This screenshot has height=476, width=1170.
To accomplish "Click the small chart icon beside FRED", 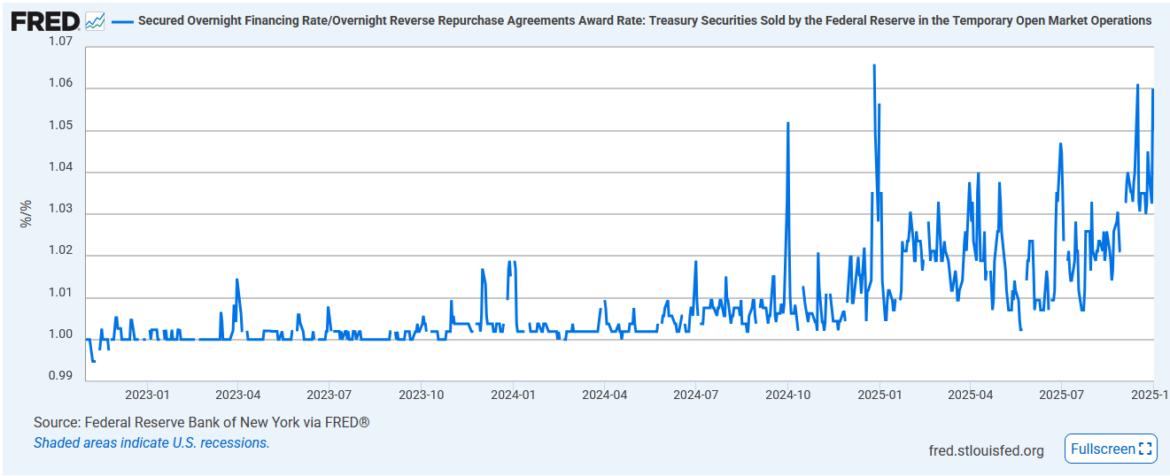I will point(95,20).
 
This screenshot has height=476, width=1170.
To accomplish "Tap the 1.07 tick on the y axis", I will point(61,42).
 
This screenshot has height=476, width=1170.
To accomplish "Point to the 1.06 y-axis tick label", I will point(61,83).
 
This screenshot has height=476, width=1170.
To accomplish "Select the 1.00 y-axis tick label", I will point(61,334).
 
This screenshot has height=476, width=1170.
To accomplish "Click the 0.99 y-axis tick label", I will point(61,376).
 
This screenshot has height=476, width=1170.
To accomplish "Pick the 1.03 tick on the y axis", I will point(61,209).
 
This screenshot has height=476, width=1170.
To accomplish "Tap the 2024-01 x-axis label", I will point(513,395).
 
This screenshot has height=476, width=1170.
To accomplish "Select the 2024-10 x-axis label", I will point(787,395).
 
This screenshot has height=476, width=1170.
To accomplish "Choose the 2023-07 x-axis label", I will point(329,395).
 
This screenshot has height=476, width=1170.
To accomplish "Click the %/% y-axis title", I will point(26,213).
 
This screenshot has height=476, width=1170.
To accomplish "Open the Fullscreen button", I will point(1111,449).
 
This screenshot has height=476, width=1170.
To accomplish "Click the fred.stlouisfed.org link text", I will point(986,450).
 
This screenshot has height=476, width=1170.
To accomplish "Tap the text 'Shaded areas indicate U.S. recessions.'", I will point(151,442).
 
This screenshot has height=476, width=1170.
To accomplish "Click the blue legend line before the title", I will point(122,20).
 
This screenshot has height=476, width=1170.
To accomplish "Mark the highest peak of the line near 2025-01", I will point(874,65).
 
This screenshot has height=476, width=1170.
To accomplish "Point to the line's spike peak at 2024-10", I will point(788,123).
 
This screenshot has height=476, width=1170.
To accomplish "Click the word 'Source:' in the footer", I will point(57,423).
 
